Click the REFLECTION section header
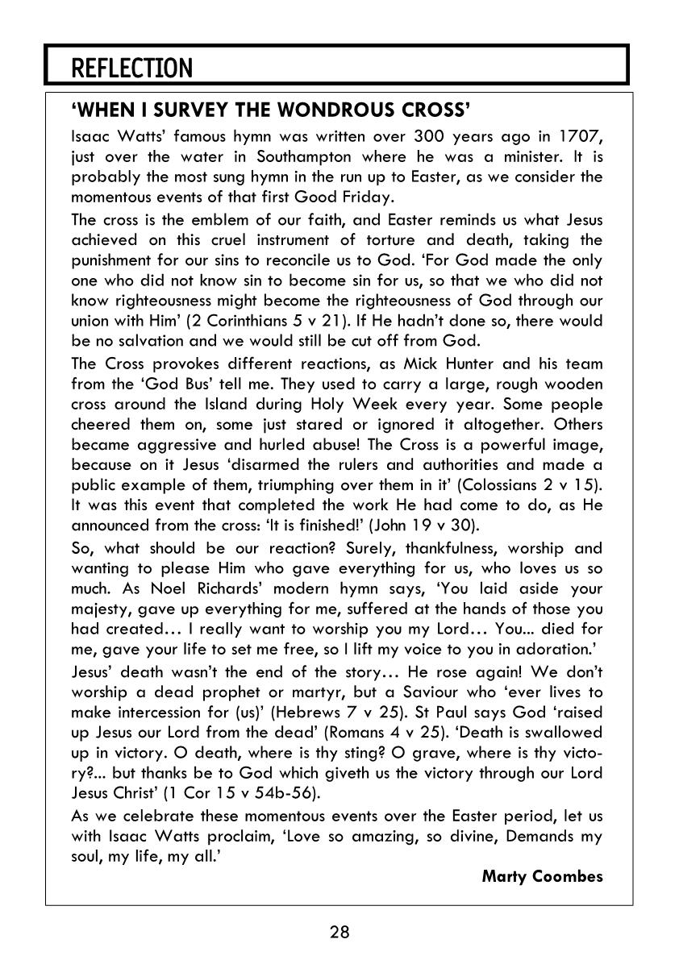click(132, 69)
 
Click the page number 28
click(339, 933)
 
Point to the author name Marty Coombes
click(542, 876)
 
